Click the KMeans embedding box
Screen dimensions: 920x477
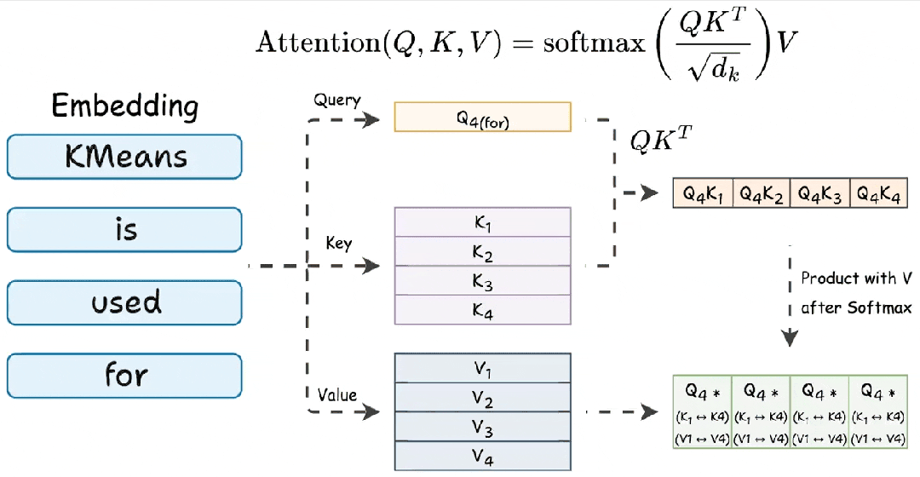[124, 157]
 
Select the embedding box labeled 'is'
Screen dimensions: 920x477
[124, 229]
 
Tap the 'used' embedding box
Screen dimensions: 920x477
[124, 302]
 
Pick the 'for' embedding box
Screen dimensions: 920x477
[124, 376]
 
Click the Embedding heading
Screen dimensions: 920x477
[125, 106]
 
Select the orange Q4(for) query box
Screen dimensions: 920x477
[482, 117]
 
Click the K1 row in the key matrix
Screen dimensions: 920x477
[482, 222]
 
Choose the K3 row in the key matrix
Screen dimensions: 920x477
[482, 280]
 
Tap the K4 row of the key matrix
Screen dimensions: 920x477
[482, 310]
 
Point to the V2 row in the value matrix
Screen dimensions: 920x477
[482, 397]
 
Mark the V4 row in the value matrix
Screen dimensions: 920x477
[482, 456]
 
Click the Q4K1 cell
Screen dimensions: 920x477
[702, 193]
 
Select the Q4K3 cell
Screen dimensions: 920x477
[819, 193]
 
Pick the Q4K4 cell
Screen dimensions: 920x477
[878, 193]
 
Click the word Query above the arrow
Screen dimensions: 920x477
[336, 101]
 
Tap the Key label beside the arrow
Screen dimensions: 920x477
[338, 243]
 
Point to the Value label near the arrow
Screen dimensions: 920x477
[336, 395]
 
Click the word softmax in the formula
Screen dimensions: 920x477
[594, 43]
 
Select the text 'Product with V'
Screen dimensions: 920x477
[856, 278]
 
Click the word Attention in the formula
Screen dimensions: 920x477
[318, 43]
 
